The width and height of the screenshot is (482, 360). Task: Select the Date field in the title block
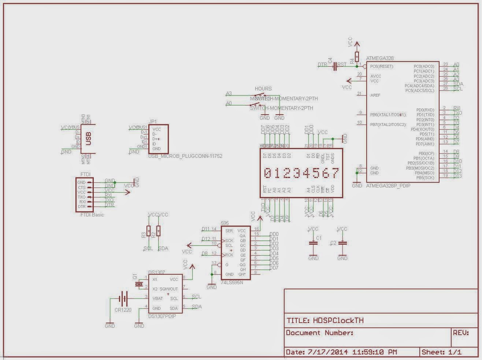coord(341,352)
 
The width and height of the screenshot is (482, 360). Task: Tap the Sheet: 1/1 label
coord(441,352)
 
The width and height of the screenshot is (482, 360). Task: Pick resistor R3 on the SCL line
coord(148,231)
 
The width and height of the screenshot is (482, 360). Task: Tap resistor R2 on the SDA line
coord(158,231)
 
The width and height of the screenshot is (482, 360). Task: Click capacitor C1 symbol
coord(313,243)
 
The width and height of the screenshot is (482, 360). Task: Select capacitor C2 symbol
coord(342,243)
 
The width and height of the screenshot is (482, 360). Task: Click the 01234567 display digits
coord(301,173)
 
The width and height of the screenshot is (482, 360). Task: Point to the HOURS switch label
coord(263,89)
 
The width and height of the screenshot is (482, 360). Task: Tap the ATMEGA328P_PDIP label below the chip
coord(388,186)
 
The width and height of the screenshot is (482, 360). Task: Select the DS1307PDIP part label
coord(162,316)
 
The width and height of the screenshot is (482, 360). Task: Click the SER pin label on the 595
coord(229,231)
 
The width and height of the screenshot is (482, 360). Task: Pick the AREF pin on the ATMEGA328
coord(375,95)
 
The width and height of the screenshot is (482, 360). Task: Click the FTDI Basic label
coord(92,215)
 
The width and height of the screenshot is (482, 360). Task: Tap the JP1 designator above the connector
coord(153,122)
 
